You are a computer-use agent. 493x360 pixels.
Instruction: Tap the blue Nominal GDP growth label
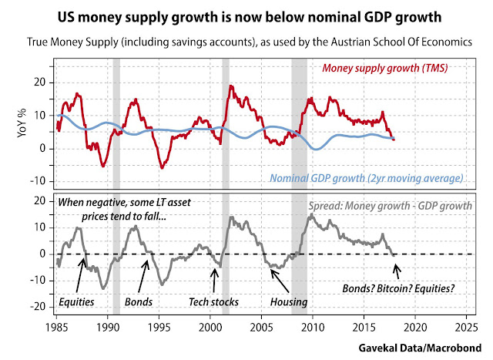pyautogui.click(x=367, y=178)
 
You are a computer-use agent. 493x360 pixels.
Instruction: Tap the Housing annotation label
pyautogui.click(x=287, y=301)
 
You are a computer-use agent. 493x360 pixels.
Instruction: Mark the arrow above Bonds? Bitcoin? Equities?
pyautogui.click(x=397, y=270)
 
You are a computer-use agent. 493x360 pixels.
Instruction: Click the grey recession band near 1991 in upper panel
pyautogui.click(x=116, y=123)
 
